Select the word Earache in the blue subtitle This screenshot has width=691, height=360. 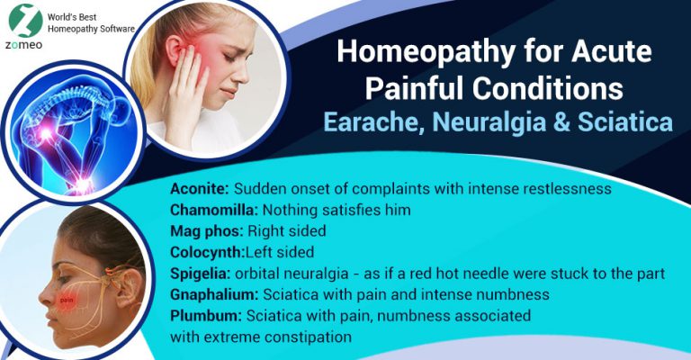coord(373,121)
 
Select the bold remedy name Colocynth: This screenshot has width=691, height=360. coord(207,252)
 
